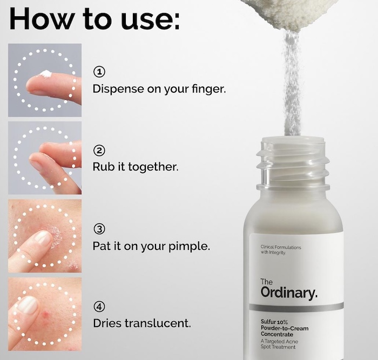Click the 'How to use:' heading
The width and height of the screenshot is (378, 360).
coord(94,19)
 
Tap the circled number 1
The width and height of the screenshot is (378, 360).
coord(99,72)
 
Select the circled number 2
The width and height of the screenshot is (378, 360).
coord(99,151)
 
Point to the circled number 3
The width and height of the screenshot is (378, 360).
coord(99,229)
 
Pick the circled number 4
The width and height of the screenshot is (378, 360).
coord(99,307)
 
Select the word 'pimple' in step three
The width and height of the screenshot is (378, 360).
coord(187,246)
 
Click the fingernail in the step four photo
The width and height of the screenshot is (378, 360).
coord(27,305)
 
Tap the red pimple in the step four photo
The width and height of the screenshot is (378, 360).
coord(46,314)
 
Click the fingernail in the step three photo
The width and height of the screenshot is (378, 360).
coord(43,238)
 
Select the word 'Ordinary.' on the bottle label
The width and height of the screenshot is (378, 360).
coord(289,293)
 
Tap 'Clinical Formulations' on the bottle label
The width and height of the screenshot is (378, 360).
coord(281,247)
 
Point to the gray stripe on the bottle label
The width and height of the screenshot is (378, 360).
coord(296,307)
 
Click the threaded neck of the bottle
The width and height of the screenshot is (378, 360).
coord(293,164)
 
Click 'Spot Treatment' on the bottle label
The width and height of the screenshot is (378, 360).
coord(278,347)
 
